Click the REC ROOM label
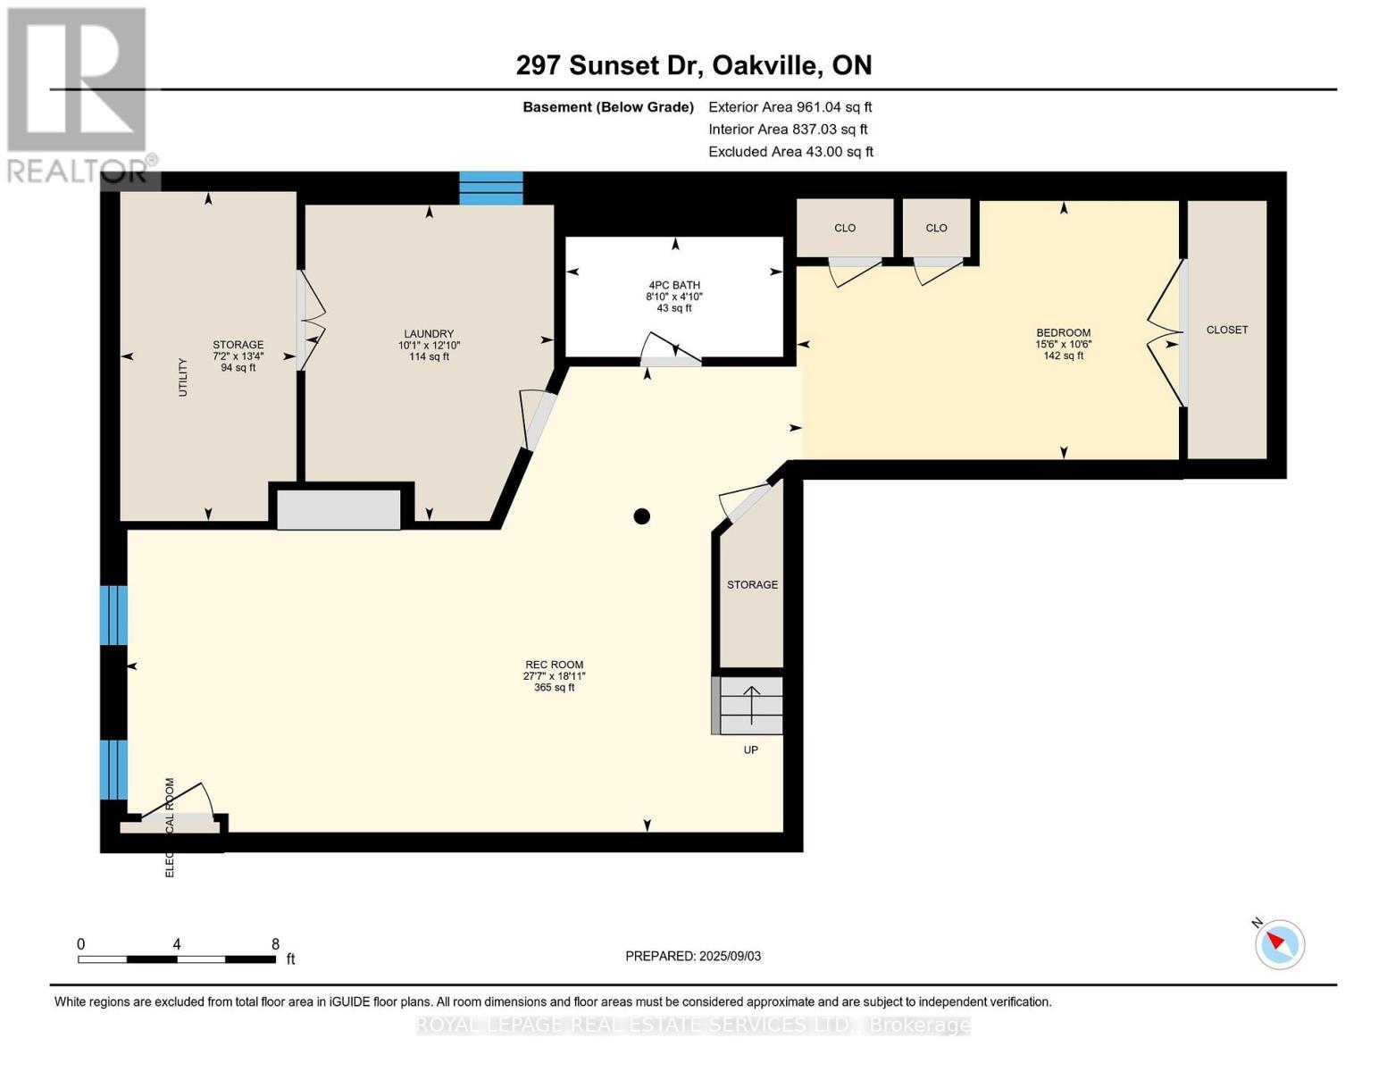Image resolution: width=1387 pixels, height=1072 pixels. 554,665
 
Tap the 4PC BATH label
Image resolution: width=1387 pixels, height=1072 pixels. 674,285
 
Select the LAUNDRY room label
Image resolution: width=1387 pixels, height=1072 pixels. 429,333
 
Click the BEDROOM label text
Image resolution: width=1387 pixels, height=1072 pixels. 1063,332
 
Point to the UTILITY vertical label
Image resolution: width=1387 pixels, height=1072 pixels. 183,377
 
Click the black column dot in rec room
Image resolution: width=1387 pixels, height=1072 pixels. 641,516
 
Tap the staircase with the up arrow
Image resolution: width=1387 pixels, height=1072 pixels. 751,705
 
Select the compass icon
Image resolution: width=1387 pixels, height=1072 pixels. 1279,944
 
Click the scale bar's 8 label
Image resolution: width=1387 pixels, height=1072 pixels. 275,944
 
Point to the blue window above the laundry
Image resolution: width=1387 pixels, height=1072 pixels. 490,188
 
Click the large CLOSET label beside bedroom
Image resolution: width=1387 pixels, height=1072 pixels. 1226,330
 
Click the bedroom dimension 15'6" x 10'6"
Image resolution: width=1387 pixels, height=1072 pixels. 1063,344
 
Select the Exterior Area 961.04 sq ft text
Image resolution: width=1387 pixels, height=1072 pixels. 790,107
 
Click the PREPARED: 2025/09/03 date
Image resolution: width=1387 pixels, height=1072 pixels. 692,956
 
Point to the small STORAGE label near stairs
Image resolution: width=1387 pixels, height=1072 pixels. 752,584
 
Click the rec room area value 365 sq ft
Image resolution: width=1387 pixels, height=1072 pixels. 554,688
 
